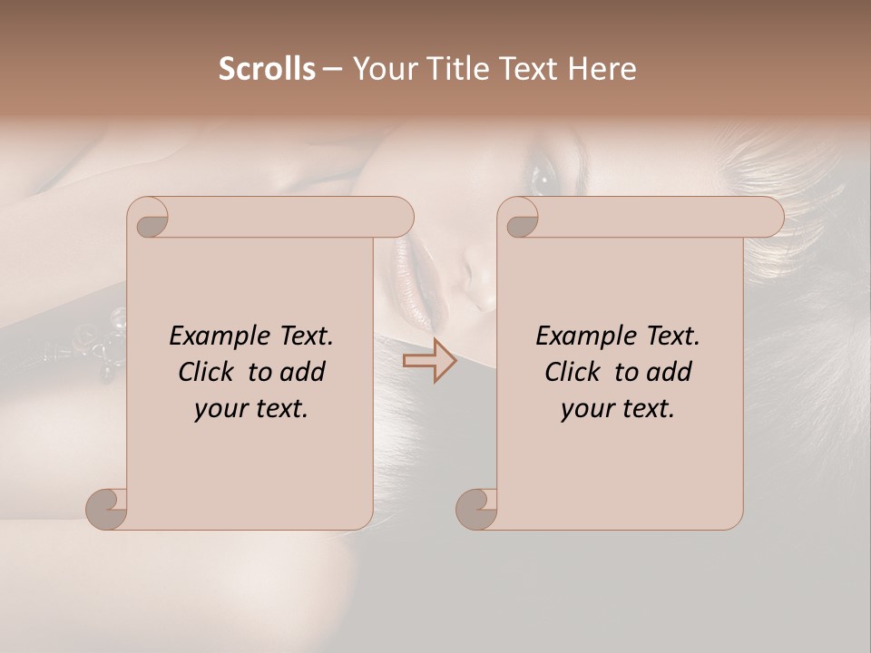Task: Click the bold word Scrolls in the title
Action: tap(267, 69)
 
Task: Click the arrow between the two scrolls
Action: tap(429, 361)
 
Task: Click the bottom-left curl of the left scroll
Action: tap(106, 509)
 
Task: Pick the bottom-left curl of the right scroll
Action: tap(475, 509)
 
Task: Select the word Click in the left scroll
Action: tap(207, 372)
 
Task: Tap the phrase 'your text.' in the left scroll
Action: tap(251, 408)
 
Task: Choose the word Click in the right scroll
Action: tap(573, 372)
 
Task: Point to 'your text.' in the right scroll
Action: tap(618, 408)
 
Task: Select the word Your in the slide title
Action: tap(382, 69)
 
